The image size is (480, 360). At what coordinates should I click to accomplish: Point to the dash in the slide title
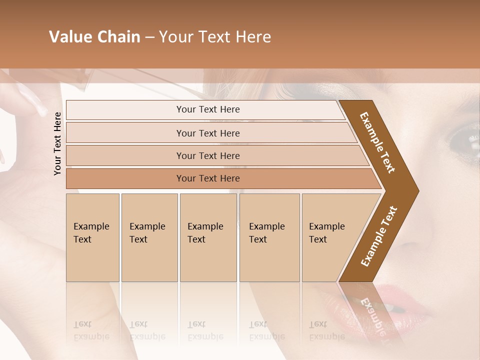[150, 37]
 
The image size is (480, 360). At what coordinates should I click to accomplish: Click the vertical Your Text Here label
[57, 143]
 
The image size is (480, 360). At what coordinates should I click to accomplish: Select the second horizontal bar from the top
[208, 133]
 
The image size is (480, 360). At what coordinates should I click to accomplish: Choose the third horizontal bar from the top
[208, 155]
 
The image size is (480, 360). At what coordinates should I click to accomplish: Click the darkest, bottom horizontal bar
[208, 178]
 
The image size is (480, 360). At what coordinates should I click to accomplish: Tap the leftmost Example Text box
[92, 237]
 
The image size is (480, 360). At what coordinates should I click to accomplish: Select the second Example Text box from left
[149, 237]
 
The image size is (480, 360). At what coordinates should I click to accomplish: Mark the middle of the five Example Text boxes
[208, 237]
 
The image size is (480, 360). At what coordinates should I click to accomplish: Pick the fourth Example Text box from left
[269, 237]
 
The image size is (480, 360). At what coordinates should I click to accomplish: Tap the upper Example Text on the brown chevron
[377, 142]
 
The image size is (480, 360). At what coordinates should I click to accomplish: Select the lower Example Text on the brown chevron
[378, 236]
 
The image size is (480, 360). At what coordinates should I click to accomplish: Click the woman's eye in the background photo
[462, 140]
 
